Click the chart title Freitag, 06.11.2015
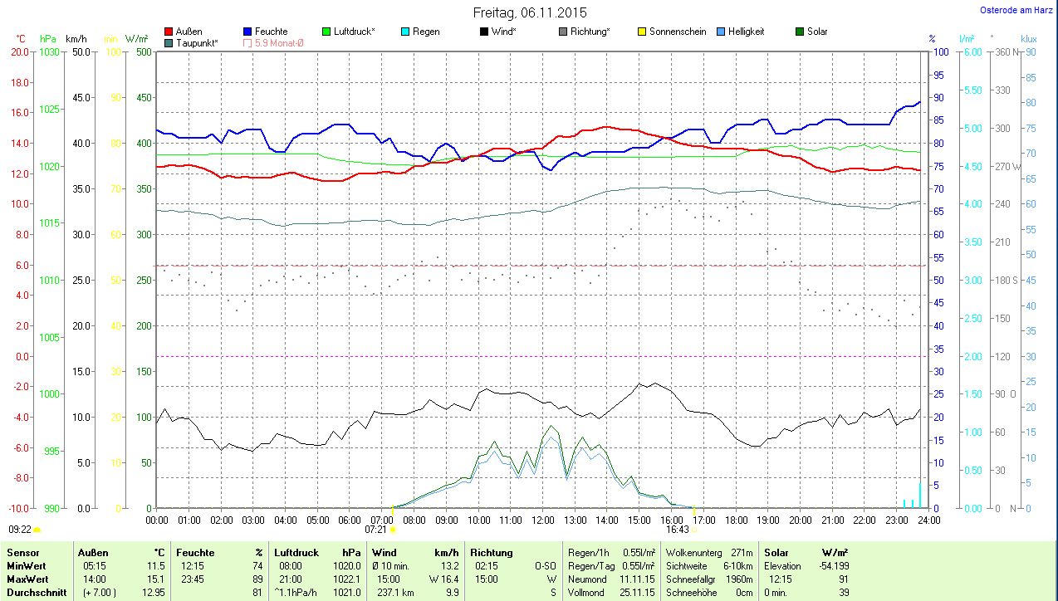530,12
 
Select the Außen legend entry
189,32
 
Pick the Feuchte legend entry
271,32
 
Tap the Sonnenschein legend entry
678,32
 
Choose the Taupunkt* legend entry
197,42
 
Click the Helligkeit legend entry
746,32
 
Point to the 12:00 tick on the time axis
542,520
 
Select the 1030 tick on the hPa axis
50,51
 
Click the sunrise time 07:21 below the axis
376,529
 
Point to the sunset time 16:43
678,529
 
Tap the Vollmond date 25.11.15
638,592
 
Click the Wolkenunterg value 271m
742,552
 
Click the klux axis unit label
1029,38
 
